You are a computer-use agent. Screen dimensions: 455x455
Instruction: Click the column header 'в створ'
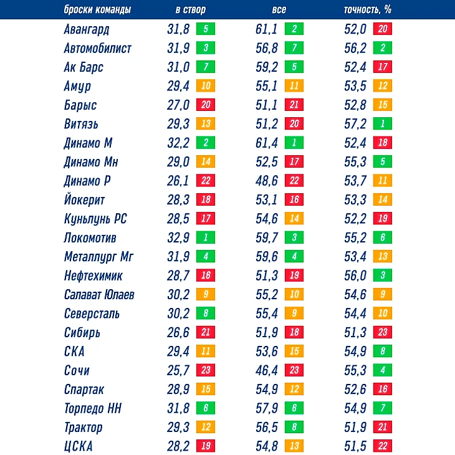(x=190, y=10)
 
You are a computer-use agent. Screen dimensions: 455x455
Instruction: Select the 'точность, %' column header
(x=367, y=10)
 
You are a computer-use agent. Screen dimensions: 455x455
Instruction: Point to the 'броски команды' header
(x=92, y=10)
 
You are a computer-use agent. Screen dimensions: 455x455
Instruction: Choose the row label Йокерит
(x=84, y=200)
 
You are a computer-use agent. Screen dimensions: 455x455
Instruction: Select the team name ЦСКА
(x=79, y=446)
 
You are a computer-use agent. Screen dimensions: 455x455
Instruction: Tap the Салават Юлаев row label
(x=98, y=295)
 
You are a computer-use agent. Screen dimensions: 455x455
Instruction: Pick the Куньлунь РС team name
(x=95, y=219)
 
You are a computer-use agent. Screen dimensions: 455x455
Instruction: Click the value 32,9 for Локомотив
(x=178, y=238)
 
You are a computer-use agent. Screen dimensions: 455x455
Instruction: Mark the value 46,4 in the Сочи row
(x=267, y=370)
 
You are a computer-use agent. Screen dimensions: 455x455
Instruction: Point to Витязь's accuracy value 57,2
(x=355, y=124)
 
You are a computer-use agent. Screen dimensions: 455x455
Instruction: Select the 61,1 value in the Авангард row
(x=267, y=29)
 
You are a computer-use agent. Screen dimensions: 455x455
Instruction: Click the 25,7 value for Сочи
(x=178, y=370)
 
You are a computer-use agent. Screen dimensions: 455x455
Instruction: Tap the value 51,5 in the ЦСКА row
(x=355, y=446)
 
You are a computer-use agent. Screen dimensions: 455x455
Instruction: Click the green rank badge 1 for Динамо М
(x=294, y=143)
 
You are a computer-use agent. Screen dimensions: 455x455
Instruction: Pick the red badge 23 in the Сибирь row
(x=382, y=332)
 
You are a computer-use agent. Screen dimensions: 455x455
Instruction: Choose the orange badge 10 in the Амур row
(x=205, y=86)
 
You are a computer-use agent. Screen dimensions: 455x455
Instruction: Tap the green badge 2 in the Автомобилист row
(x=382, y=48)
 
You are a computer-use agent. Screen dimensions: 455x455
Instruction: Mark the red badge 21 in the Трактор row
(x=382, y=427)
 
